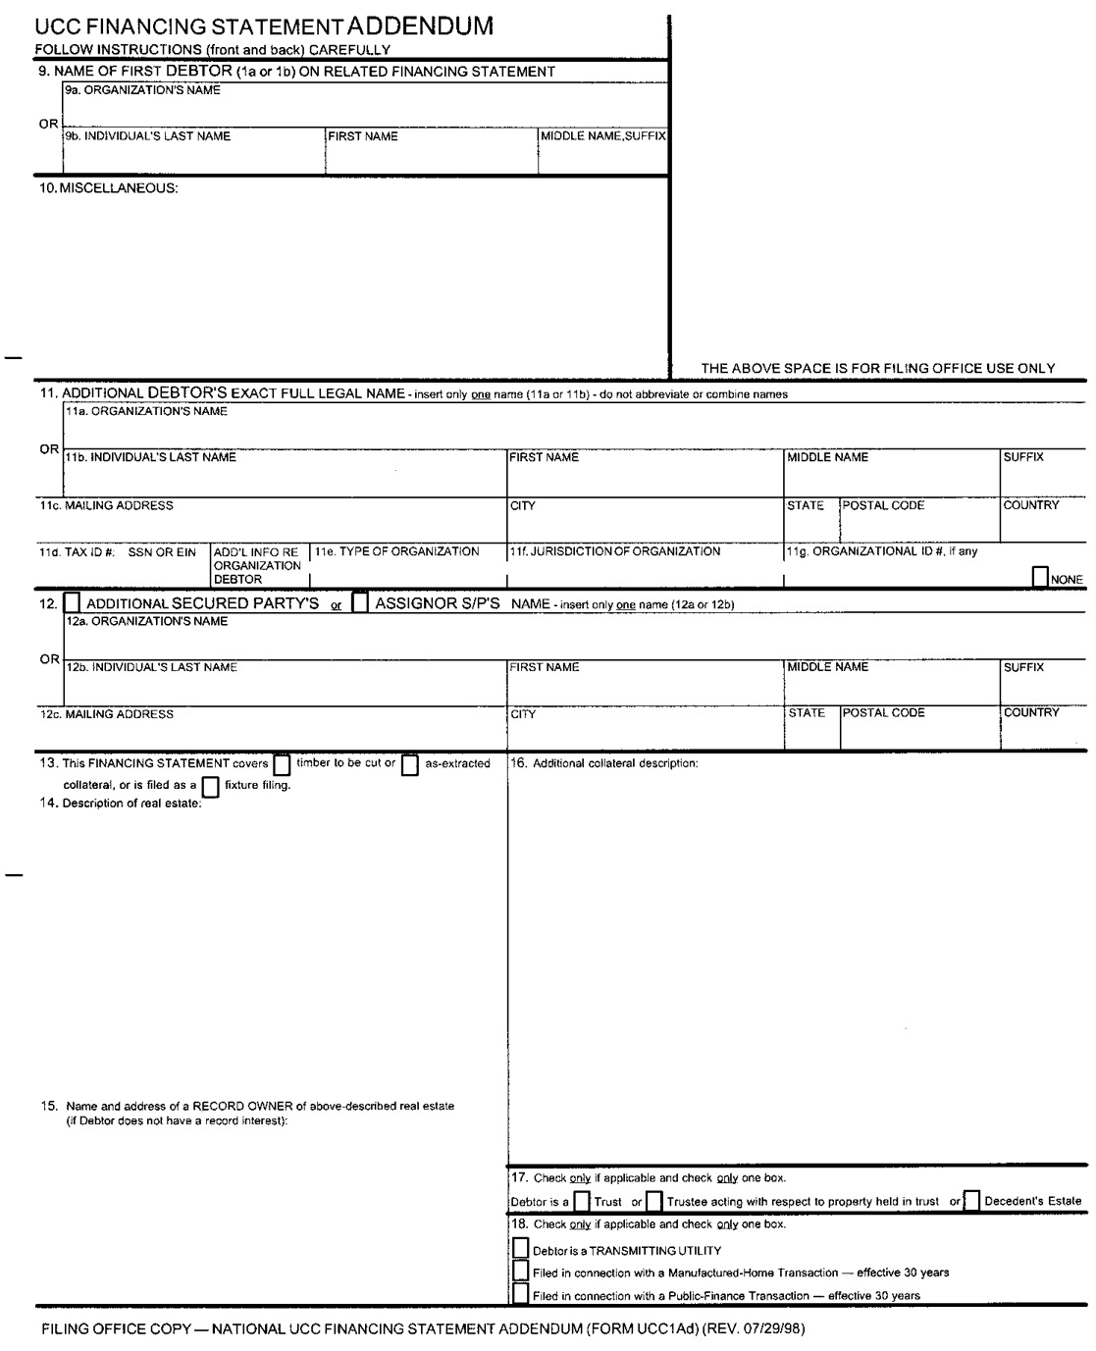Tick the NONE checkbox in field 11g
(1040, 578)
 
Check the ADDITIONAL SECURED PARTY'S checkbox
(72, 602)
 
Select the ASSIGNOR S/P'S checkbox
(360, 602)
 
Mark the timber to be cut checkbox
(282, 764)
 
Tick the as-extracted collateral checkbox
(410, 764)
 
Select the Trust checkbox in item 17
(582, 1201)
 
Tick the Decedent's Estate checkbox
(971, 1201)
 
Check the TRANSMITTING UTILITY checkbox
(521, 1249)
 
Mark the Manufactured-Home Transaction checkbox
(521, 1272)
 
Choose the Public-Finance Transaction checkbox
(521, 1294)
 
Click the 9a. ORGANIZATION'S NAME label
(142, 90)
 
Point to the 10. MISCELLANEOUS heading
(109, 188)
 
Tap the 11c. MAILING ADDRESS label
(106, 506)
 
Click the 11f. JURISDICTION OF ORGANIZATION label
(614, 551)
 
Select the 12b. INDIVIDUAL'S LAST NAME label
(151, 667)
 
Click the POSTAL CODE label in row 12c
(883, 713)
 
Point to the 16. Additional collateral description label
(604, 763)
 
